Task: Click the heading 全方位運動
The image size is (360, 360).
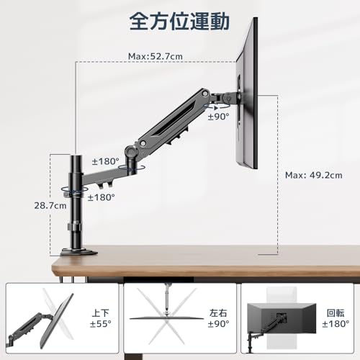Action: (179, 22)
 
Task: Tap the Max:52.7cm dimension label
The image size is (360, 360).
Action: (156, 56)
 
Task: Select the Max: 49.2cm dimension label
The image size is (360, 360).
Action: (314, 175)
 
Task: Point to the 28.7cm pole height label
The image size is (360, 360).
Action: (50, 206)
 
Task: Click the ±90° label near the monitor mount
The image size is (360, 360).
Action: (218, 117)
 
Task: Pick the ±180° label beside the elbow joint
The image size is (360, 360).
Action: (105, 161)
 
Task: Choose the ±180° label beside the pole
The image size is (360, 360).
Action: (102, 197)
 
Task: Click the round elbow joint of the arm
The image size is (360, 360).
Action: (131, 151)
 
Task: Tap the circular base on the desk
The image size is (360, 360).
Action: (79, 252)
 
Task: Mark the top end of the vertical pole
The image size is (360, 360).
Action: (76, 156)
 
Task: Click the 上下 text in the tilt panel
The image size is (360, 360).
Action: (101, 313)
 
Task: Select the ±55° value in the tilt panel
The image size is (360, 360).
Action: (101, 324)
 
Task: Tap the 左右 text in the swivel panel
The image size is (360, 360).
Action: (218, 313)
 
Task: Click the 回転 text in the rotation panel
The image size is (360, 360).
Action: (336, 313)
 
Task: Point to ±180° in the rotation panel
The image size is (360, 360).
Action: (336, 324)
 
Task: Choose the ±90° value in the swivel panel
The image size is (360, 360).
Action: (218, 324)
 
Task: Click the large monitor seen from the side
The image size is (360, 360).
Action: (247, 94)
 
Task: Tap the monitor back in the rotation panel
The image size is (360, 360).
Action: (282, 318)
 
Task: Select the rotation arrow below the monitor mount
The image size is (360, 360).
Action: (217, 107)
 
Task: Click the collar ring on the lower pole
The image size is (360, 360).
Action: (74, 227)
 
